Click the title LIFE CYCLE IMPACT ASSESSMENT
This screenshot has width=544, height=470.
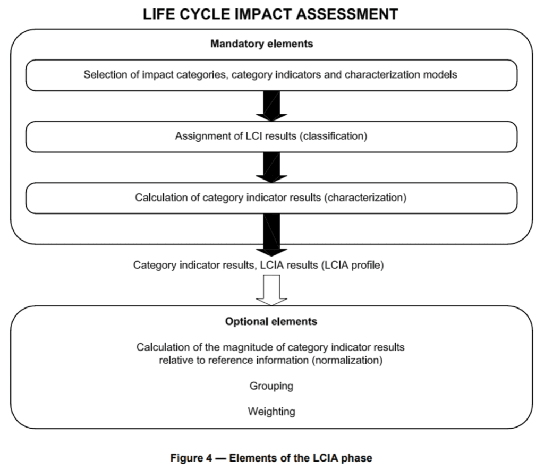[x=271, y=14]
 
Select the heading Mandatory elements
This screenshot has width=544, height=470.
[x=261, y=44]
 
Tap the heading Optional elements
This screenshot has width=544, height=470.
[x=271, y=322]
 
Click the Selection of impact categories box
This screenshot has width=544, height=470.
[x=271, y=75]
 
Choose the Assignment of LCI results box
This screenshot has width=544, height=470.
[x=271, y=136]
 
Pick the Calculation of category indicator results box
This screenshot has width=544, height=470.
[x=271, y=198]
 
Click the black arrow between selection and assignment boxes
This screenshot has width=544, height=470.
[x=271, y=105]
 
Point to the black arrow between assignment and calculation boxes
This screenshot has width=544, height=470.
[x=271, y=167]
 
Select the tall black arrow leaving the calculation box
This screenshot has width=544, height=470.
[x=271, y=234]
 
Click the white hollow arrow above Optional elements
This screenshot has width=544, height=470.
[x=271, y=290]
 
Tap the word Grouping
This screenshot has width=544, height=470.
[x=271, y=386]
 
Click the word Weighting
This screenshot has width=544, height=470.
[x=271, y=412]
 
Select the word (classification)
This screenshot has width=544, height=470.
[x=333, y=136]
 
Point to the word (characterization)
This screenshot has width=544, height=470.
[x=366, y=198]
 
